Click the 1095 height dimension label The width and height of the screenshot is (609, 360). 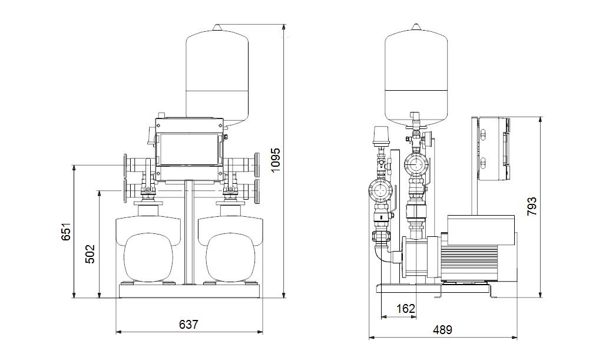pos(275,160)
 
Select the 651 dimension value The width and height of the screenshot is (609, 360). pos(66,232)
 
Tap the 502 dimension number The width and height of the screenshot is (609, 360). pos(90,254)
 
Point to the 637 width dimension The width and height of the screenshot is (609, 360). pos(188,324)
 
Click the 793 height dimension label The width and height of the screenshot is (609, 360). pos(532,207)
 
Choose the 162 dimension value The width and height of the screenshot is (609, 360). pos(405,309)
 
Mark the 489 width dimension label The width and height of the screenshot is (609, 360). pos(442,330)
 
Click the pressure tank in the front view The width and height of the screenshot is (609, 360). pos(217,76)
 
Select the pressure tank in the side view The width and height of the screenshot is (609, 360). pos(416,76)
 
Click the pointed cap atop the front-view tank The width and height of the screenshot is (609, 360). pos(217,28)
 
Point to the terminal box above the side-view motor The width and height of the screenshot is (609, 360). pos(481,230)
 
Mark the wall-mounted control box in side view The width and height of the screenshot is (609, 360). pos(493,149)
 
